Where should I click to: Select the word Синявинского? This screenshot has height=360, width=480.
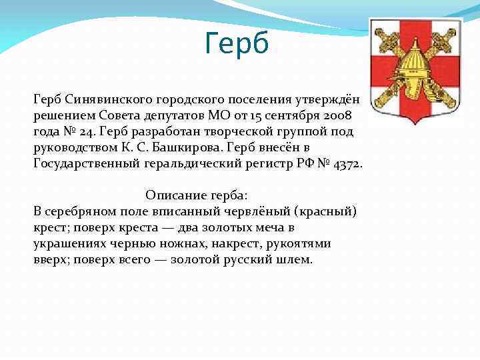tap(109, 99)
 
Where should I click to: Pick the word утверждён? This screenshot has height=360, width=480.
tap(327, 99)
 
